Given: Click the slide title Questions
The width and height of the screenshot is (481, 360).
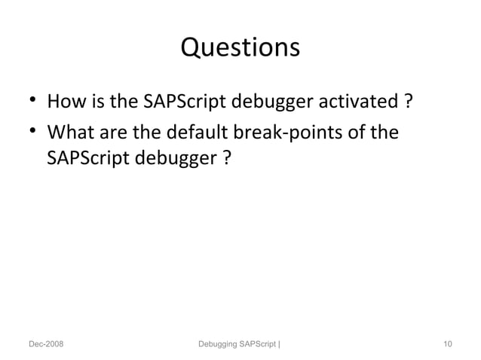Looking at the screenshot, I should [x=240, y=48].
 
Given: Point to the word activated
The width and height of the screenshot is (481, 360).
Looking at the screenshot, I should [x=363, y=101].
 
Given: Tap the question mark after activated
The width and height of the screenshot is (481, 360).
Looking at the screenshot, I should [x=407, y=101].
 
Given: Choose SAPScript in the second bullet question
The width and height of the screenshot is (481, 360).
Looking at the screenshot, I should [x=82, y=160].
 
